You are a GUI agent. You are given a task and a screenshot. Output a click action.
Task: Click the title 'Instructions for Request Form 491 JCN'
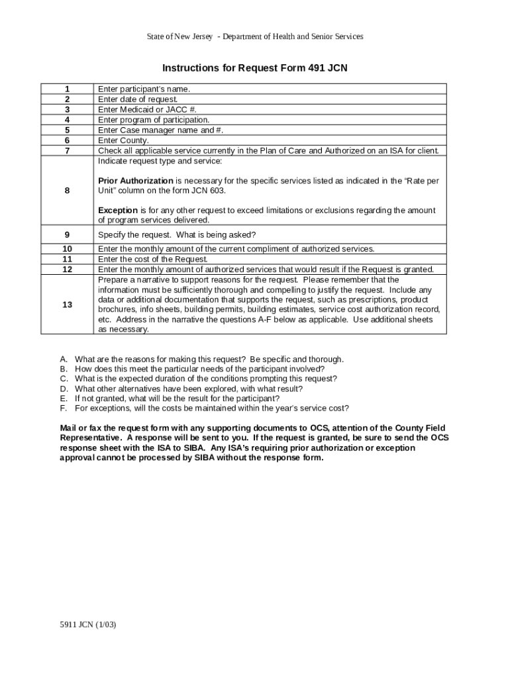point(255,68)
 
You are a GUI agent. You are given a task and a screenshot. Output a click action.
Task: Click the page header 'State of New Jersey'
point(179,36)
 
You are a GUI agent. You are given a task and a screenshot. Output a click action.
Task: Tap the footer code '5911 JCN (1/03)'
point(88,624)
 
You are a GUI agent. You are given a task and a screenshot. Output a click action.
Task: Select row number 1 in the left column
point(67,89)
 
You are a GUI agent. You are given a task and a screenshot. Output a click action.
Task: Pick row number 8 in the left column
point(67,191)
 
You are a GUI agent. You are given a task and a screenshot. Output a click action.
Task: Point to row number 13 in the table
point(67,304)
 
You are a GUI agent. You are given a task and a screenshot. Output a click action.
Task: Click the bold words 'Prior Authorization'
point(135,181)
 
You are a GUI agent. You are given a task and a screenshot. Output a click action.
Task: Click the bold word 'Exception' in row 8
point(118,211)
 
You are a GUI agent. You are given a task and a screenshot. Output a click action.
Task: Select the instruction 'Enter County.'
point(124,140)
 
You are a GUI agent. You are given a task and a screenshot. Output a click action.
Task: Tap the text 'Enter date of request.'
point(138,99)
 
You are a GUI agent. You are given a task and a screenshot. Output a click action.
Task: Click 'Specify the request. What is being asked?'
point(177,235)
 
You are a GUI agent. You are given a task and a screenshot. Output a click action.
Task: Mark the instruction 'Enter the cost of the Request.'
point(153,260)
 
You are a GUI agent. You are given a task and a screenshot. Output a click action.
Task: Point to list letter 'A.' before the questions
point(64,359)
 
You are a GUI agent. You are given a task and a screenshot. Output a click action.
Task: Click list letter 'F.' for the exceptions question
point(64,409)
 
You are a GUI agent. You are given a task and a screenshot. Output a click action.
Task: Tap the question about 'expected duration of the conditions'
point(205,379)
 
